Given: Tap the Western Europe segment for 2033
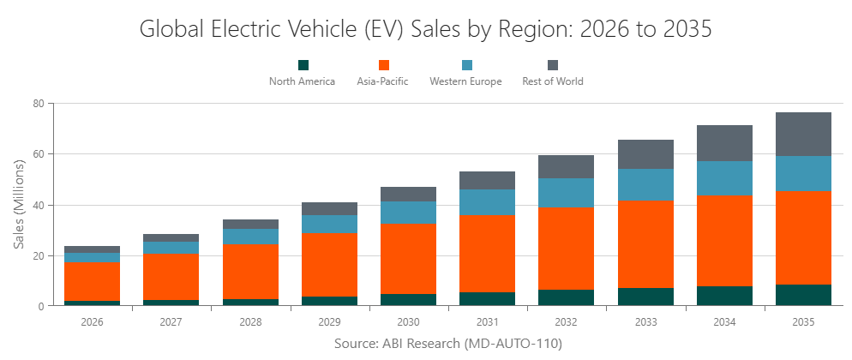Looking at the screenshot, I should click(x=645, y=184).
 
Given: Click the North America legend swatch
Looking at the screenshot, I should click(x=303, y=65).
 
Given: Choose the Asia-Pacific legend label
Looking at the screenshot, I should click(x=382, y=81).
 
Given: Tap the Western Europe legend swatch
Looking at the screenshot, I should click(x=467, y=65).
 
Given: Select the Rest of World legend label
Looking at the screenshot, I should click(x=552, y=81).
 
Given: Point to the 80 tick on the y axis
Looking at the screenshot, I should click(x=39, y=104).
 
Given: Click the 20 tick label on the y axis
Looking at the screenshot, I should click(x=39, y=255).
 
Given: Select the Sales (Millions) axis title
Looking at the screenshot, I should click(x=19, y=204).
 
